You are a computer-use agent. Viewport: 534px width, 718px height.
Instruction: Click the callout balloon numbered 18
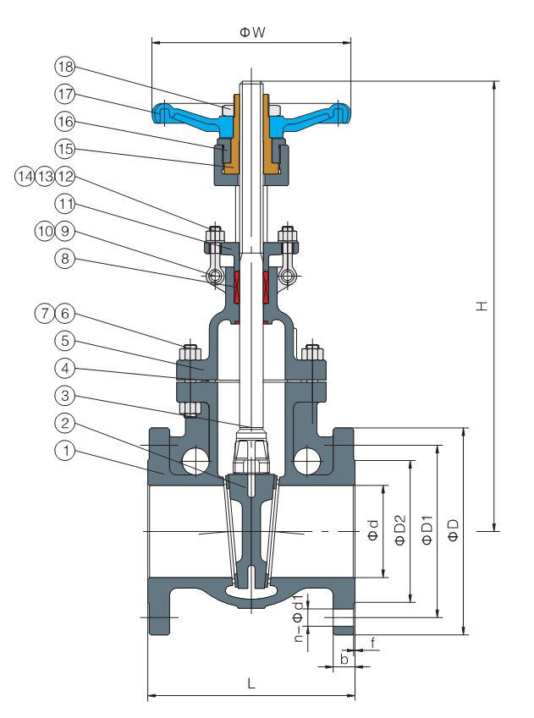[x=64, y=67]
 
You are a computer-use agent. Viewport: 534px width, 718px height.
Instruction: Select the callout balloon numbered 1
[x=64, y=451]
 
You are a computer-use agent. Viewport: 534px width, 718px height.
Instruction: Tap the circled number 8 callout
[x=64, y=259]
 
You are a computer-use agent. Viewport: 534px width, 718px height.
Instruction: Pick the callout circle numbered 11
[x=64, y=204]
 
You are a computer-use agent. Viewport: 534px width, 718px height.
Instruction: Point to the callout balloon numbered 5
[x=64, y=341]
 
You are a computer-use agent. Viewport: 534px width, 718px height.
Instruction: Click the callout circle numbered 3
[x=64, y=395]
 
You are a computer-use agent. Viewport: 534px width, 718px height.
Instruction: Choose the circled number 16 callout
[x=64, y=122]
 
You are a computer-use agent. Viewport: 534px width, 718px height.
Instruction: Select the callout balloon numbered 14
[x=25, y=176]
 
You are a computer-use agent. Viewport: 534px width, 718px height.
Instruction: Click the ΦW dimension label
[x=252, y=32]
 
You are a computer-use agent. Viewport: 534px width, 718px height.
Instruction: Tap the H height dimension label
[x=482, y=306]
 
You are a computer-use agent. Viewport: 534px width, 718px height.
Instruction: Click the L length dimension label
[x=251, y=683]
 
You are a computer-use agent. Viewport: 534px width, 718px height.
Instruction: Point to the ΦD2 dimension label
[x=400, y=530]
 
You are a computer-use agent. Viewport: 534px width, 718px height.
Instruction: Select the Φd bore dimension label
[x=373, y=530]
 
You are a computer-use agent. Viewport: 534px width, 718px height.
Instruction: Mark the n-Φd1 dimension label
[x=299, y=618]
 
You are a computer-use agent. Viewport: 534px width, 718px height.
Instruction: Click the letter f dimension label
[x=373, y=643]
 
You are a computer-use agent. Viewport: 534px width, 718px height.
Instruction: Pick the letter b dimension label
[x=344, y=659]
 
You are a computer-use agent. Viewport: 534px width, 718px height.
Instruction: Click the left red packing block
[x=237, y=287]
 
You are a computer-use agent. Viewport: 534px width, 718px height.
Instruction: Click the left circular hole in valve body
[x=195, y=460]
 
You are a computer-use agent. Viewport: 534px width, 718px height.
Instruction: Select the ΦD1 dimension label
[x=427, y=530]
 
